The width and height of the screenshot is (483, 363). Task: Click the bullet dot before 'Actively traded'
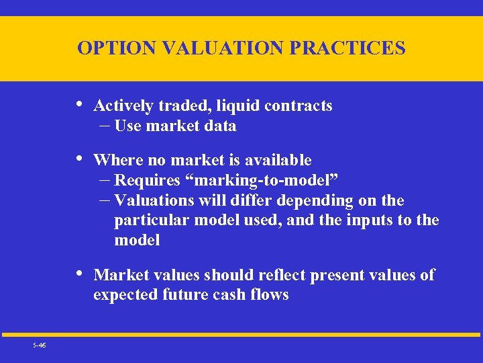(80, 104)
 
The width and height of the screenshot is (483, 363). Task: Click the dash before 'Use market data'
(104, 126)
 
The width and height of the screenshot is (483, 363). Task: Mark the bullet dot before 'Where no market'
(80, 159)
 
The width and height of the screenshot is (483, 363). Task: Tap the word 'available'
(278, 160)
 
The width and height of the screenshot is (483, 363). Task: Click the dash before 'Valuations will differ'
(104, 200)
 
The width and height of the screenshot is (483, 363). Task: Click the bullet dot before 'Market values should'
(80, 274)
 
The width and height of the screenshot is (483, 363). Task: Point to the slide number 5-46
(39, 344)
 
